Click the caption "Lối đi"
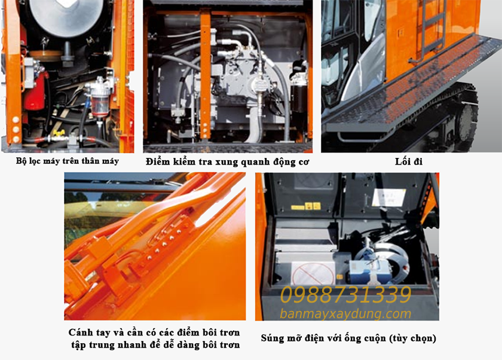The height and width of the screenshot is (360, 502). coord(409,161)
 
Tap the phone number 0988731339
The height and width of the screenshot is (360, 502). coord(346,295)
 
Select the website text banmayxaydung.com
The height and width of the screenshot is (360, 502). coord(345,313)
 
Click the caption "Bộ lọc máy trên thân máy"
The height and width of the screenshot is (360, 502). coord(68,161)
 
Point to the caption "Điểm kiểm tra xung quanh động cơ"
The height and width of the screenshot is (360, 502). coord(227,161)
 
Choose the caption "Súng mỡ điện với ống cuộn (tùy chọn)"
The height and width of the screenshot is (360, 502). coord(348,338)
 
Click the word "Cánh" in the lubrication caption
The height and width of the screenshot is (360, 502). coord(79,332)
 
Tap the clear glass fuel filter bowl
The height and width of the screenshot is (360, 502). coord(100,103)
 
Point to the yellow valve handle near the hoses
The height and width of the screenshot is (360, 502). coord(59,133)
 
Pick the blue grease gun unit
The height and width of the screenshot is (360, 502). coord(362,271)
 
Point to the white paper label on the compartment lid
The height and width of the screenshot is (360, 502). coord(388,197)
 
